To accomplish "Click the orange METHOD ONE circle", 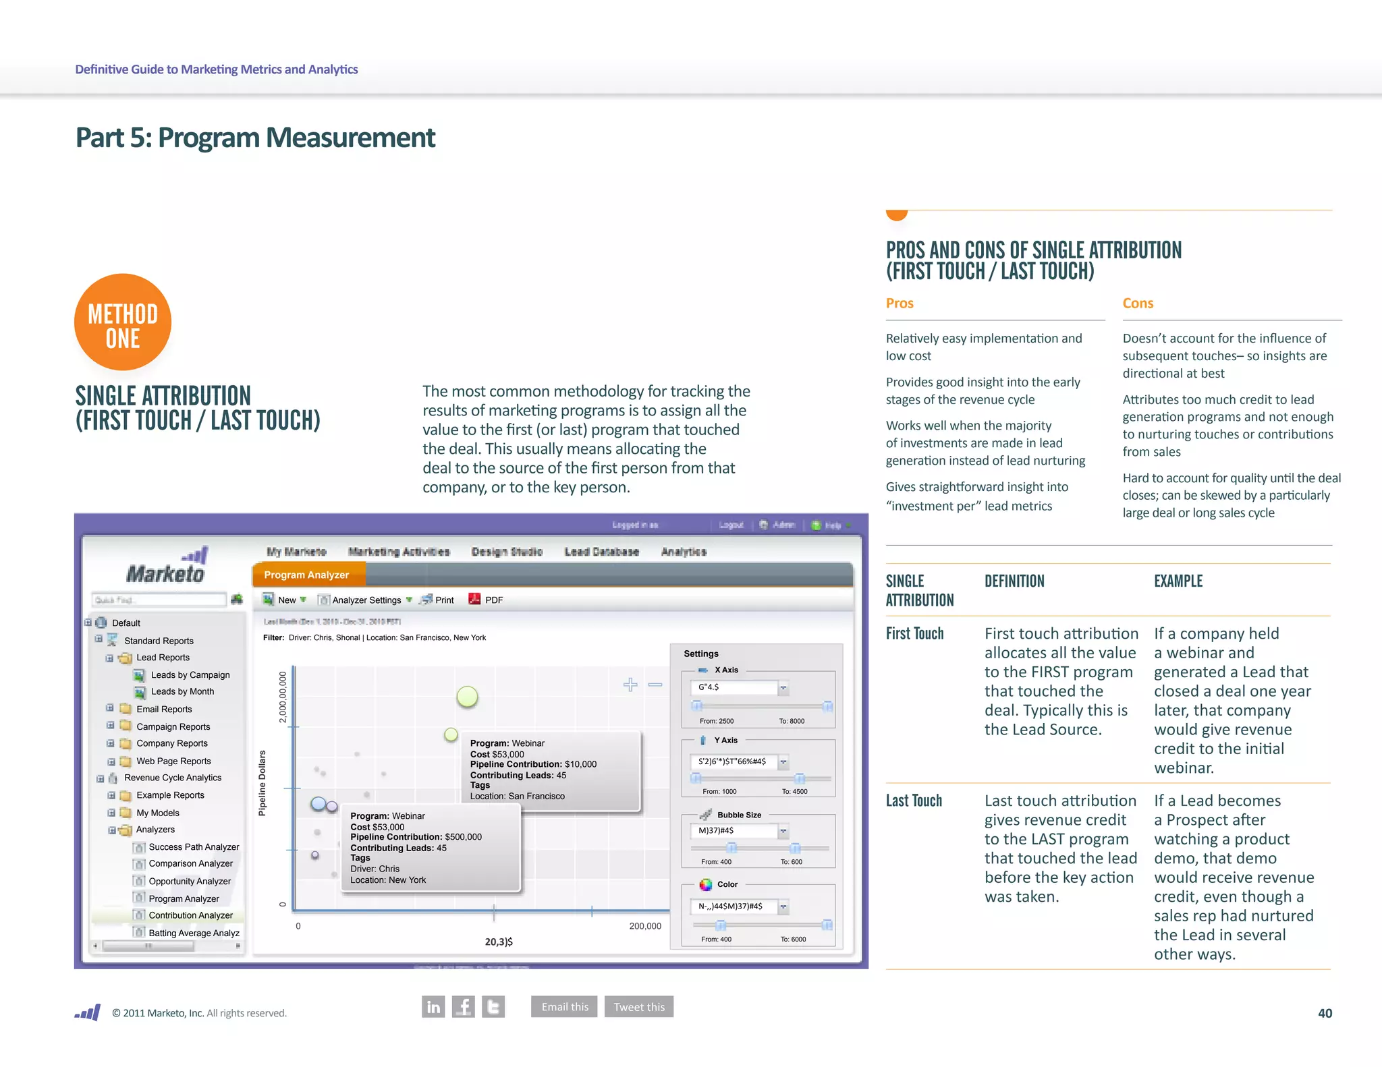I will (x=123, y=322).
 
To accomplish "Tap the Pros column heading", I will (x=900, y=304).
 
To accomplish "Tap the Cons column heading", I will (x=1138, y=304).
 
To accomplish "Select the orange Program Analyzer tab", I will (x=307, y=575).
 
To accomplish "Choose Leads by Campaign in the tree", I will (x=190, y=675).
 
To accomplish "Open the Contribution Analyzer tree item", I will (x=190, y=915).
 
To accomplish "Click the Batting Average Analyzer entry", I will (x=194, y=933).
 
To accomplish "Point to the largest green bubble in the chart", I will (x=467, y=697).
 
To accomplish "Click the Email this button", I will (x=564, y=1007).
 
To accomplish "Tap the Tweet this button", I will (x=639, y=1007).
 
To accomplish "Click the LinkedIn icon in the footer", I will (x=433, y=1007).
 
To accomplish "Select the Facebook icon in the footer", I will (x=464, y=1007).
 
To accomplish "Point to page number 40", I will (x=1325, y=1013).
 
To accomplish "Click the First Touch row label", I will (x=914, y=634).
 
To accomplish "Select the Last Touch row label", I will (x=914, y=801).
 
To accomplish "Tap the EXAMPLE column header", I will (x=1178, y=581).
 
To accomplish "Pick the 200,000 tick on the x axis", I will (x=645, y=926).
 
